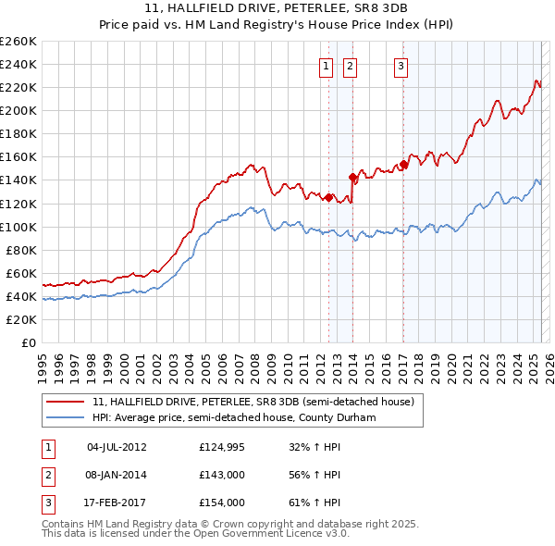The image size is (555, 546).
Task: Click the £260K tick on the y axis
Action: (18, 42)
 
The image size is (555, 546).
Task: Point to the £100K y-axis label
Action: (18, 227)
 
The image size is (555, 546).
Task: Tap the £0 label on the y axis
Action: (30, 342)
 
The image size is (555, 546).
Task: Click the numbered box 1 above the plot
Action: (327, 65)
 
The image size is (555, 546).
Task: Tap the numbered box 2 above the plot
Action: (351, 65)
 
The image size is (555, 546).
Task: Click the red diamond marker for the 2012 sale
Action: (328, 197)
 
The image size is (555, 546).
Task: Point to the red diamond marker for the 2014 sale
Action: (352, 176)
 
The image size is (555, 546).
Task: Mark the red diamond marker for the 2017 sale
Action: (403, 164)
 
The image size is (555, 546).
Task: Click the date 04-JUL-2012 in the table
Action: (117, 448)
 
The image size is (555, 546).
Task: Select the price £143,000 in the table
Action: (222, 475)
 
